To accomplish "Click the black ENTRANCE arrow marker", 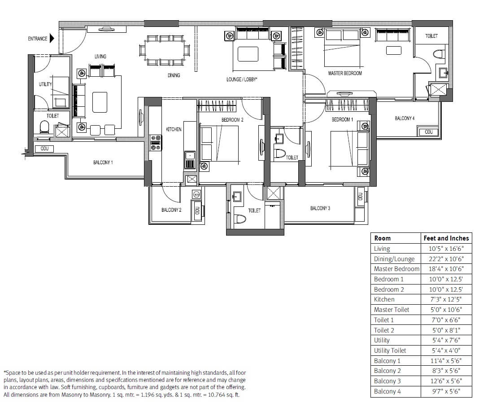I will [52, 39].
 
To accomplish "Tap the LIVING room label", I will [100, 57].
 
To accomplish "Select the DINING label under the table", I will [174, 75].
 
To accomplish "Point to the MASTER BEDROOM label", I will [345, 73].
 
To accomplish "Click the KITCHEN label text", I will [174, 129].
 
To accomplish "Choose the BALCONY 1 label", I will [103, 162].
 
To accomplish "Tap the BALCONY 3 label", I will [320, 208].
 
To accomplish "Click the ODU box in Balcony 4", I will [429, 132].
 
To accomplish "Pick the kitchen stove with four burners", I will [156, 142].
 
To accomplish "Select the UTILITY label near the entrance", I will [45, 84].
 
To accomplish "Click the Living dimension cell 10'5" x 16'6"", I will [446, 249].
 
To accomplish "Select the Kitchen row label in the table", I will [384, 299].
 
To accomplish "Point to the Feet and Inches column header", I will [446, 238].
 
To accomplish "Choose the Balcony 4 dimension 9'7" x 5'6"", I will [446, 391].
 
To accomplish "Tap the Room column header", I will [382, 238].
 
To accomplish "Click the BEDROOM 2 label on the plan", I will [232, 120].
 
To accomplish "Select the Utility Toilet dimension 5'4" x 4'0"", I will [446, 350].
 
